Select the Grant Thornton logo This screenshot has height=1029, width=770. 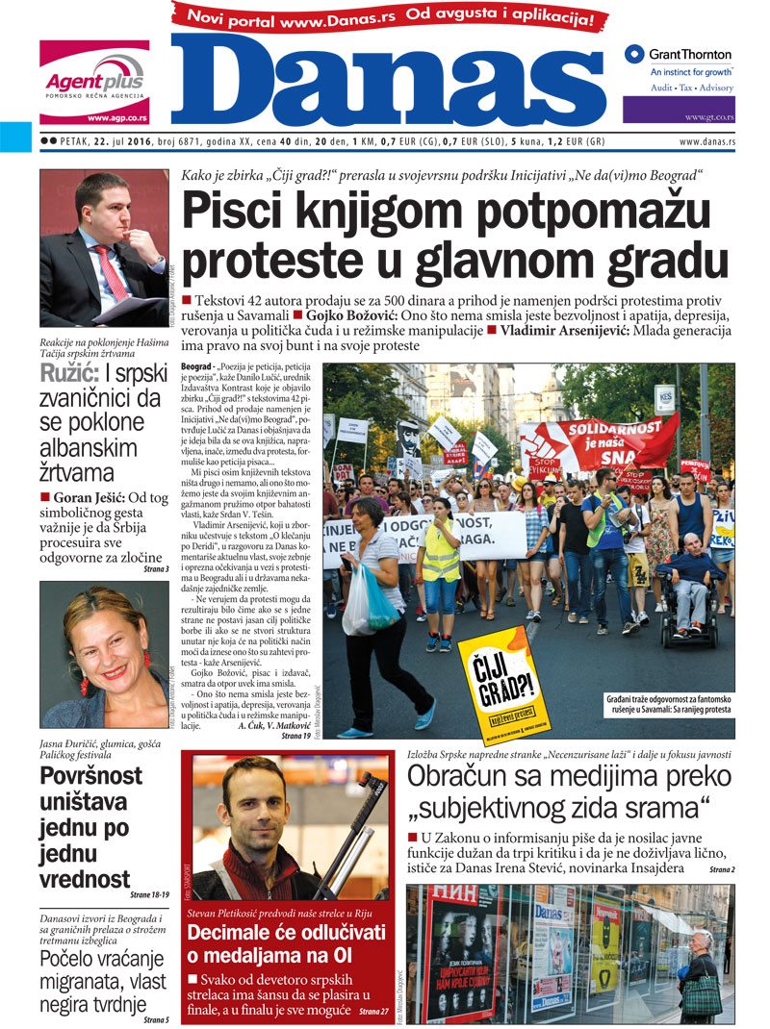point(678,55)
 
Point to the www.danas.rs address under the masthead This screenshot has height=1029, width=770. point(706,141)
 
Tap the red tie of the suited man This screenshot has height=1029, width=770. point(112,271)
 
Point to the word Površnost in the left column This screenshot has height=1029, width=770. point(90,775)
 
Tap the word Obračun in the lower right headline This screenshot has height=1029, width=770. point(461,778)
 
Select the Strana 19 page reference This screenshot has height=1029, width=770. point(295,736)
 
